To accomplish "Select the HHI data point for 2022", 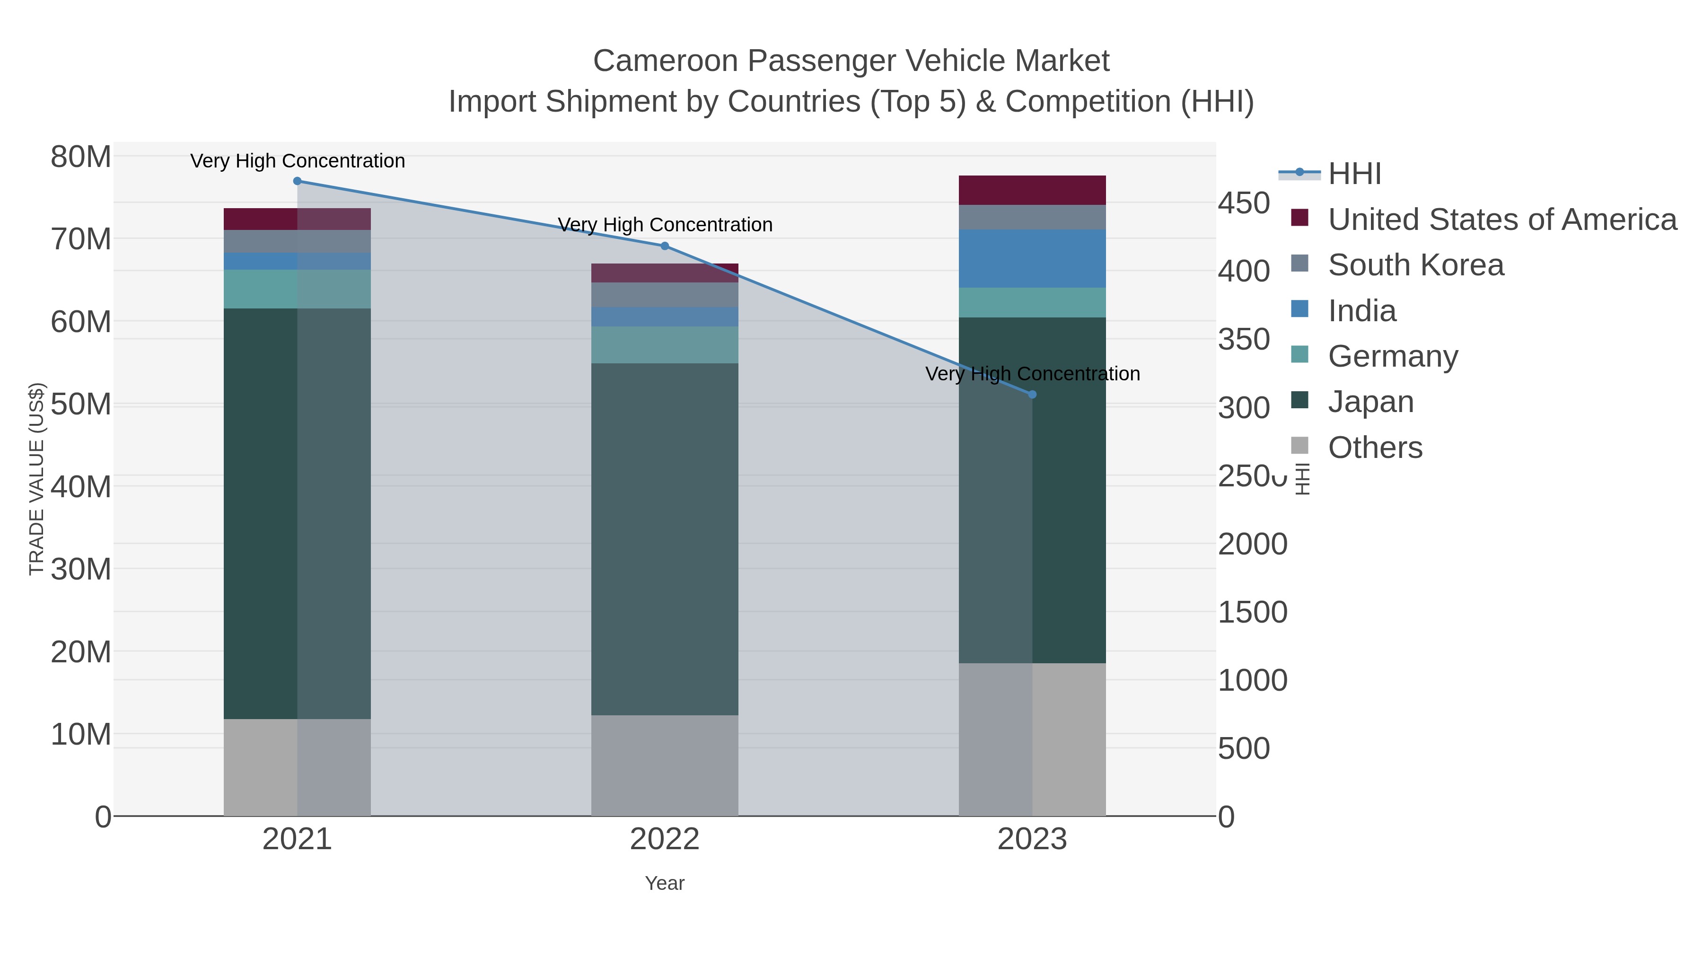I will [665, 246].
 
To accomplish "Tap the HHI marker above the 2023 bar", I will [1032, 395].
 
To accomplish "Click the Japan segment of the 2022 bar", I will [665, 539].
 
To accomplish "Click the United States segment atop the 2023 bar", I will [1032, 190].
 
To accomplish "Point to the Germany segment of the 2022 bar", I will [665, 344].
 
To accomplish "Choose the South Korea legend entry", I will [1415, 265].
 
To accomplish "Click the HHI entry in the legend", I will [1354, 174].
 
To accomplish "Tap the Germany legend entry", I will [1392, 356].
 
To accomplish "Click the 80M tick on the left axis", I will [80, 158].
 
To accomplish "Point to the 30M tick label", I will [80, 569].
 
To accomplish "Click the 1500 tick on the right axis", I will [1252, 612].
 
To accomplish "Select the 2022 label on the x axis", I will [665, 840].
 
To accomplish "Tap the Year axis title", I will [665, 883].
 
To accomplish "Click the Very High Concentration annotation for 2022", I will [665, 225].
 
